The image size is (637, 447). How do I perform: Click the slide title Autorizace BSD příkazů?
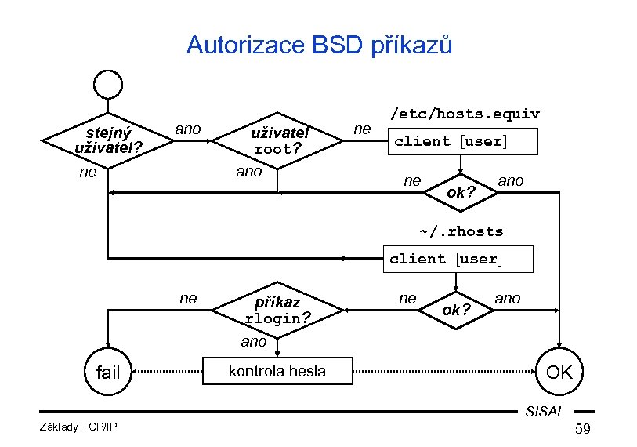point(319,45)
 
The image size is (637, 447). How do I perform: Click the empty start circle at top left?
point(107,85)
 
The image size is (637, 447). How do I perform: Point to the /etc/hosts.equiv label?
point(465,114)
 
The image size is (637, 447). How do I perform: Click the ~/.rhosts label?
point(461,231)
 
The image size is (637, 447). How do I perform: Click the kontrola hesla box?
point(277,371)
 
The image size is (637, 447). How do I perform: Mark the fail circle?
point(108,372)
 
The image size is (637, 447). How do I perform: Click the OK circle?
point(559,372)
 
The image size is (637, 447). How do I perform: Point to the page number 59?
point(582,429)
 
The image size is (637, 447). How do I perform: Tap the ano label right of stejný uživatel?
point(188,129)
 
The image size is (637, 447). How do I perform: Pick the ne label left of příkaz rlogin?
point(188,298)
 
